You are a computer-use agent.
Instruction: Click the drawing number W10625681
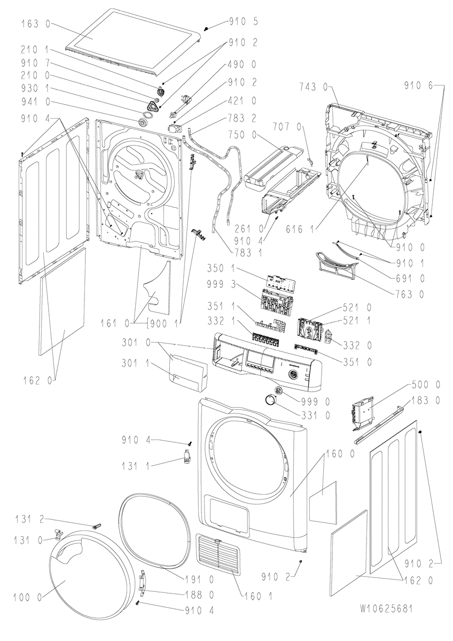(x=386, y=608)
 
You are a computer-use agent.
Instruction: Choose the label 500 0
(x=426, y=385)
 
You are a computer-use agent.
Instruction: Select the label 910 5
(x=243, y=22)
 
